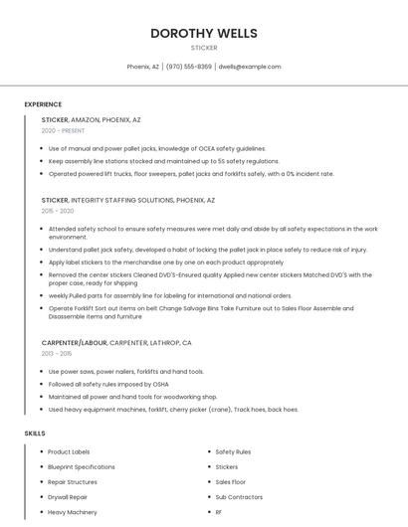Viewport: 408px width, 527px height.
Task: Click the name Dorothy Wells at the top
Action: (x=203, y=33)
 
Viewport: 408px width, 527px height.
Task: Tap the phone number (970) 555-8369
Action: (x=189, y=67)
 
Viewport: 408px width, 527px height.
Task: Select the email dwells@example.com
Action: (x=250, y=67)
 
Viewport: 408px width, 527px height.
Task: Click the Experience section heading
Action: (x=43, y=104)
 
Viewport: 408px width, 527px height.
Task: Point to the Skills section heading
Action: (x=35, y=434)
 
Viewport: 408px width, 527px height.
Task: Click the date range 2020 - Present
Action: (x=63, y=130)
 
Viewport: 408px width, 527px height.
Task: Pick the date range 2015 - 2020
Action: (x=58, y=211)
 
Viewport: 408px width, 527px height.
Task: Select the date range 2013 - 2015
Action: (x=57, y=353)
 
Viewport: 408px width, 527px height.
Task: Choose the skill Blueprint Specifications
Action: (x=82, y=466)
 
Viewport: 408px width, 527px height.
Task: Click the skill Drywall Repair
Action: (x=68, y=496)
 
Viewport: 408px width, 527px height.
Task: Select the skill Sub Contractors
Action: (x=239, y=496)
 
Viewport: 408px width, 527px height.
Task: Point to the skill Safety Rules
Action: (x=233, y=451)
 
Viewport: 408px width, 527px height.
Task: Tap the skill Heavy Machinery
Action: (x=73, y=512)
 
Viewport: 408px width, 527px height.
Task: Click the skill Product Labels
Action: (x=69, y=451)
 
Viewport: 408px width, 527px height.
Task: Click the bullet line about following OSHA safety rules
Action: (x=108, y=384)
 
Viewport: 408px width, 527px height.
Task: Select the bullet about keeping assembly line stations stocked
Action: (x=163, y=161)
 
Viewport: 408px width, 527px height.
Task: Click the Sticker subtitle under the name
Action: (x=203, y=48)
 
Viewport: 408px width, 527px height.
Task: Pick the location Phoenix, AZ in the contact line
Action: (x=143, y=67)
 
